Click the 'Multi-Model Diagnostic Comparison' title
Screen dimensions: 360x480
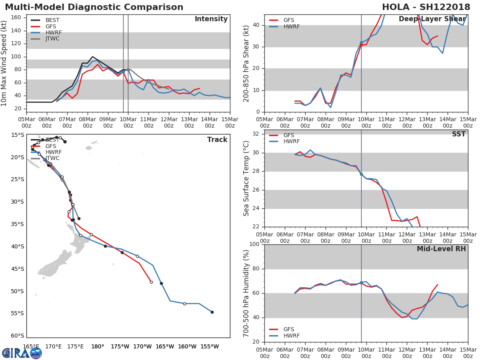[x=94, y=7]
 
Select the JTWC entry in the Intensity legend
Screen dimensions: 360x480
[x=52, y=39]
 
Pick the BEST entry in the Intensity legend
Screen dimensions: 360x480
[x=52, y=20]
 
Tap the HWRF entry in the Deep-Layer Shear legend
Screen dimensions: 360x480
[x=291, y=27]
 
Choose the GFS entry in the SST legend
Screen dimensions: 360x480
[x=288, y=135]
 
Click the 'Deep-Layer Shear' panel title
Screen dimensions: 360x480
[x=432, y=19]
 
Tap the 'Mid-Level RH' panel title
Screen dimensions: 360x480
[x=441, y=249]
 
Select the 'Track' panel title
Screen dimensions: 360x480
[x=217, y=140]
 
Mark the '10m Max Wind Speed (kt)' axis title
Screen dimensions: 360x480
[x=4, y=63]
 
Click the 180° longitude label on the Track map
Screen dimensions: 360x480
[x=98, y=346]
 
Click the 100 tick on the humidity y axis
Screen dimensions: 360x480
[x=254, y=244]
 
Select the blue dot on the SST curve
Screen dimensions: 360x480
[x=361, y=174]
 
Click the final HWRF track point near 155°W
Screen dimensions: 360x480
[x=212, y=312]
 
